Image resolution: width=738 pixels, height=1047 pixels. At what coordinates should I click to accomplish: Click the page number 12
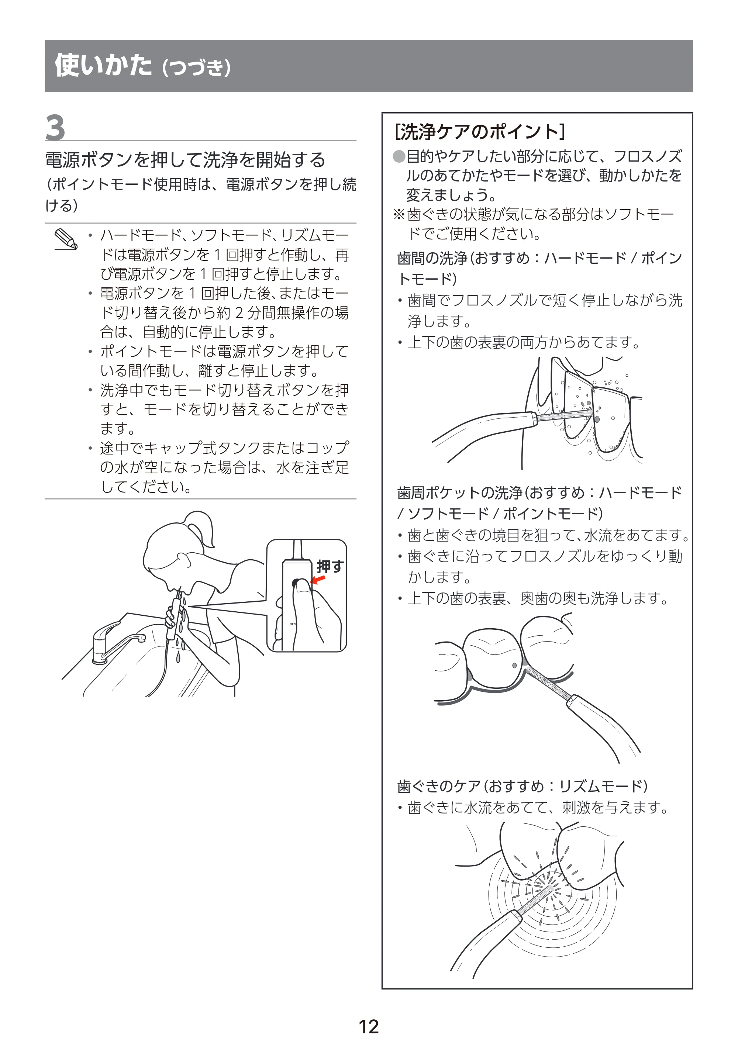(369, 1026)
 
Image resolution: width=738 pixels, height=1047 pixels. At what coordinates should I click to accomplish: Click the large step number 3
(55, 128)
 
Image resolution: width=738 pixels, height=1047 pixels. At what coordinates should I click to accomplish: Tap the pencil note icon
(66, 240)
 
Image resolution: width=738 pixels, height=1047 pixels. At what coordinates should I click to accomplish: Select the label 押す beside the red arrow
(330, 566)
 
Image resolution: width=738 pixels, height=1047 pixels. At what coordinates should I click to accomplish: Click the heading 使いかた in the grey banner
(103, 65)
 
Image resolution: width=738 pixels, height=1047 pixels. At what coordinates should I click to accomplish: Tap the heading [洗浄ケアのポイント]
(480, 132)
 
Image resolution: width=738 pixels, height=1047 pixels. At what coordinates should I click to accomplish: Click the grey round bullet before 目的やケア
(399, 157)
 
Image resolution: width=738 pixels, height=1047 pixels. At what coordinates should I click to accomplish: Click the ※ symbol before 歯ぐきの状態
(399, 214)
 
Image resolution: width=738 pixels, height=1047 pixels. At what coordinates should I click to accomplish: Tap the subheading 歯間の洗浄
(432, 259)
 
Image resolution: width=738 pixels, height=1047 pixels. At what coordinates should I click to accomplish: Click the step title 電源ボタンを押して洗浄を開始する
(185, 160)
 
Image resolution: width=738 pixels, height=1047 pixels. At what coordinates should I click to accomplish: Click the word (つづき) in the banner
(197, 68)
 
